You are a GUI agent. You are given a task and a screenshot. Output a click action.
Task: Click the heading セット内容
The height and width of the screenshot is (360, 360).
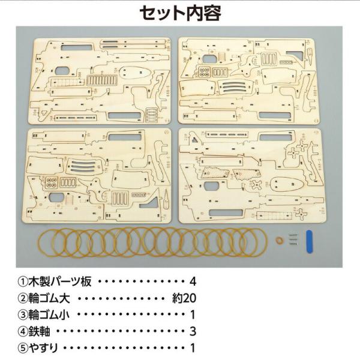[x=180, y=13]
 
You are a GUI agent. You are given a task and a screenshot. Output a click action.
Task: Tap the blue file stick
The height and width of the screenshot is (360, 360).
[x=309, y=242]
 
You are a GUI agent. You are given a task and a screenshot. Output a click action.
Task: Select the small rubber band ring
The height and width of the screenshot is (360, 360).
[x=280, y=241]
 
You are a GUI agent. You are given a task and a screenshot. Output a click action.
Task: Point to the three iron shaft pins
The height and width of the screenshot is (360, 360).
[x=293, y=239]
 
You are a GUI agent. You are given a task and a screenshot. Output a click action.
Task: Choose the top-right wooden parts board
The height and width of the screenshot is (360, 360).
[x=249, y=81]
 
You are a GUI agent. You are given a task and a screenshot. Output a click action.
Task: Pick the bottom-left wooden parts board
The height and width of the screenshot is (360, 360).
[x=97, y=176]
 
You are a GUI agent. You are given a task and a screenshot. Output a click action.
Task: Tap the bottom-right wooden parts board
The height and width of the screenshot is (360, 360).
[x=253, y=176]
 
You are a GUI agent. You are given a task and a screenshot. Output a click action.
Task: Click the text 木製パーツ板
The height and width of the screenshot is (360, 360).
[x=60, y=281]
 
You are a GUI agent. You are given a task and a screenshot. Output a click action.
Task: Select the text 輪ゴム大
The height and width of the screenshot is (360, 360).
[x=49, y=298]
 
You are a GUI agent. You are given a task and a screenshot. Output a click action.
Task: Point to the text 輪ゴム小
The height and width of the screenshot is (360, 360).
[x=49, y=314]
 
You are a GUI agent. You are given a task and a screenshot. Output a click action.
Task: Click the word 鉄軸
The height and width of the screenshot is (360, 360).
[x=39, y=331]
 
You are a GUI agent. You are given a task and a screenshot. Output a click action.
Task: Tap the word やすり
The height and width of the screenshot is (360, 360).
[x=43, y=348]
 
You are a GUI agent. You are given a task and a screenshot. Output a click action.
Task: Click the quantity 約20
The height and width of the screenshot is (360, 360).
[x=184, y=298]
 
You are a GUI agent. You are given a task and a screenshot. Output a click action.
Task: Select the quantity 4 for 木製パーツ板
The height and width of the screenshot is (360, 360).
[x=193, y=282]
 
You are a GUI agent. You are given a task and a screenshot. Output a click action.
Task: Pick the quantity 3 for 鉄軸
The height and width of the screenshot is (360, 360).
[x=193, y=331]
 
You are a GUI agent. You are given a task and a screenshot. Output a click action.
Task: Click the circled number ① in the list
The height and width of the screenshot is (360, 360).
[x=23, y=282]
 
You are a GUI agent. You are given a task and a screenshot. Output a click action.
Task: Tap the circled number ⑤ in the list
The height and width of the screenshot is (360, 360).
[x=23, y=348]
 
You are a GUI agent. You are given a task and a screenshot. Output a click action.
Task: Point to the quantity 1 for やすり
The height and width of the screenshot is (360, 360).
[x=193, y=348]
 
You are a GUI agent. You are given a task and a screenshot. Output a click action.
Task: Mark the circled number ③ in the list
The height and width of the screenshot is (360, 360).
[x=23, y=315]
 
